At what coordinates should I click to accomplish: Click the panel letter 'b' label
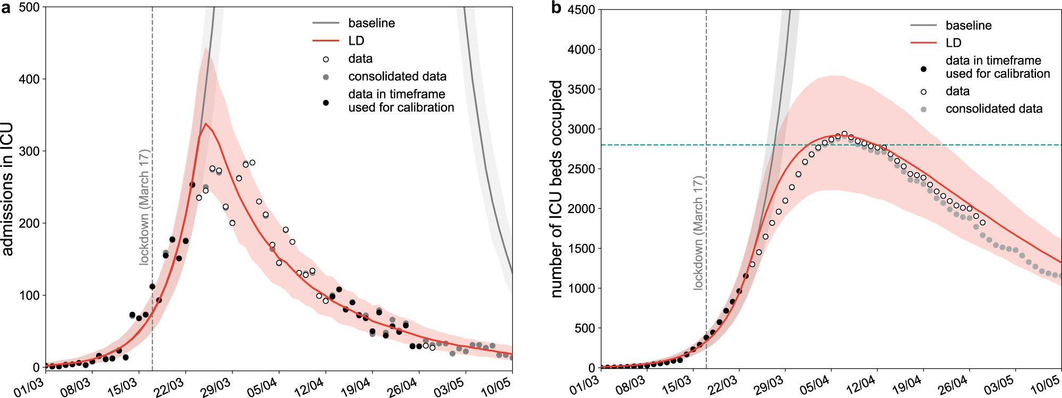(x=556, y=8)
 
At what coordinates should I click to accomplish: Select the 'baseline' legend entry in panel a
(x=372, y=23)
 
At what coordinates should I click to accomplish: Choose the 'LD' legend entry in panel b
(x=953, y=43)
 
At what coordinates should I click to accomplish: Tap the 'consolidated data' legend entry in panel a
(x=397, y=77)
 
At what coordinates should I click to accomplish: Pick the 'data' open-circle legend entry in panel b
(x=957, y=91)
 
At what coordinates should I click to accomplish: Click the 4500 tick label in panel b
(x=581, y=10)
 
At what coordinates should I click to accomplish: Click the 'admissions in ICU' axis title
(x=7, y=189)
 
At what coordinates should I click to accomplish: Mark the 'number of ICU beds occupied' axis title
(x=556, y=189)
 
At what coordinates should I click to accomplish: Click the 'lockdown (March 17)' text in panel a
(x=144, y=207)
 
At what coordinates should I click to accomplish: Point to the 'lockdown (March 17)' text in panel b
(x=698, y=233)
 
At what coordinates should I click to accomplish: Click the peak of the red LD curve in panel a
(x=206, y=124)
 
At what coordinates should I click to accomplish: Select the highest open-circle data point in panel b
(x=844, y=134)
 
